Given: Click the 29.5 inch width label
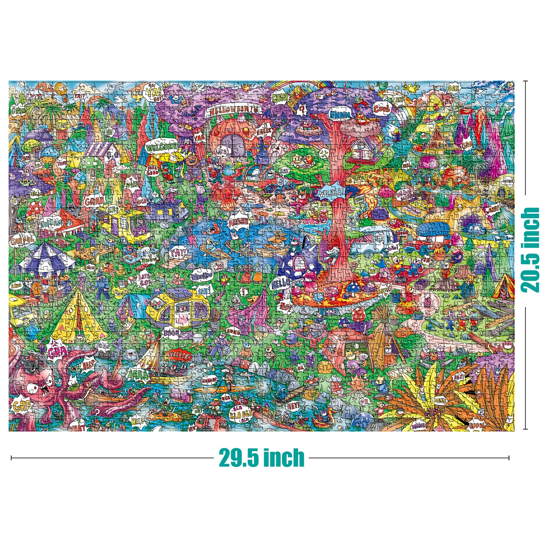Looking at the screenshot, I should (x=262, y=458).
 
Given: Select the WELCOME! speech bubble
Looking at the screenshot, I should (x=162, y=147).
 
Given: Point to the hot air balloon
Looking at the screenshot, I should (x=60, y=88).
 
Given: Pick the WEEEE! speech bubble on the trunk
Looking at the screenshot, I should (x=331, y=193).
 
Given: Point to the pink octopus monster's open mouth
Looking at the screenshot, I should (x=44, y=389).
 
